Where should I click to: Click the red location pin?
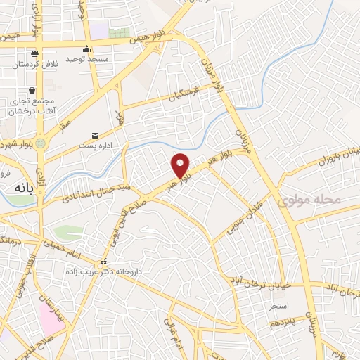[x=181, y=165]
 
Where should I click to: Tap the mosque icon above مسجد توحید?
[x=86, y=49]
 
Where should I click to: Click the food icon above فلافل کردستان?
[x=34, y=53]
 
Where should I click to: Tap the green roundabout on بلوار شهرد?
[x=41, y=143]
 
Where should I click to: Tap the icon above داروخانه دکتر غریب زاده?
[x=104, y=262]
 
